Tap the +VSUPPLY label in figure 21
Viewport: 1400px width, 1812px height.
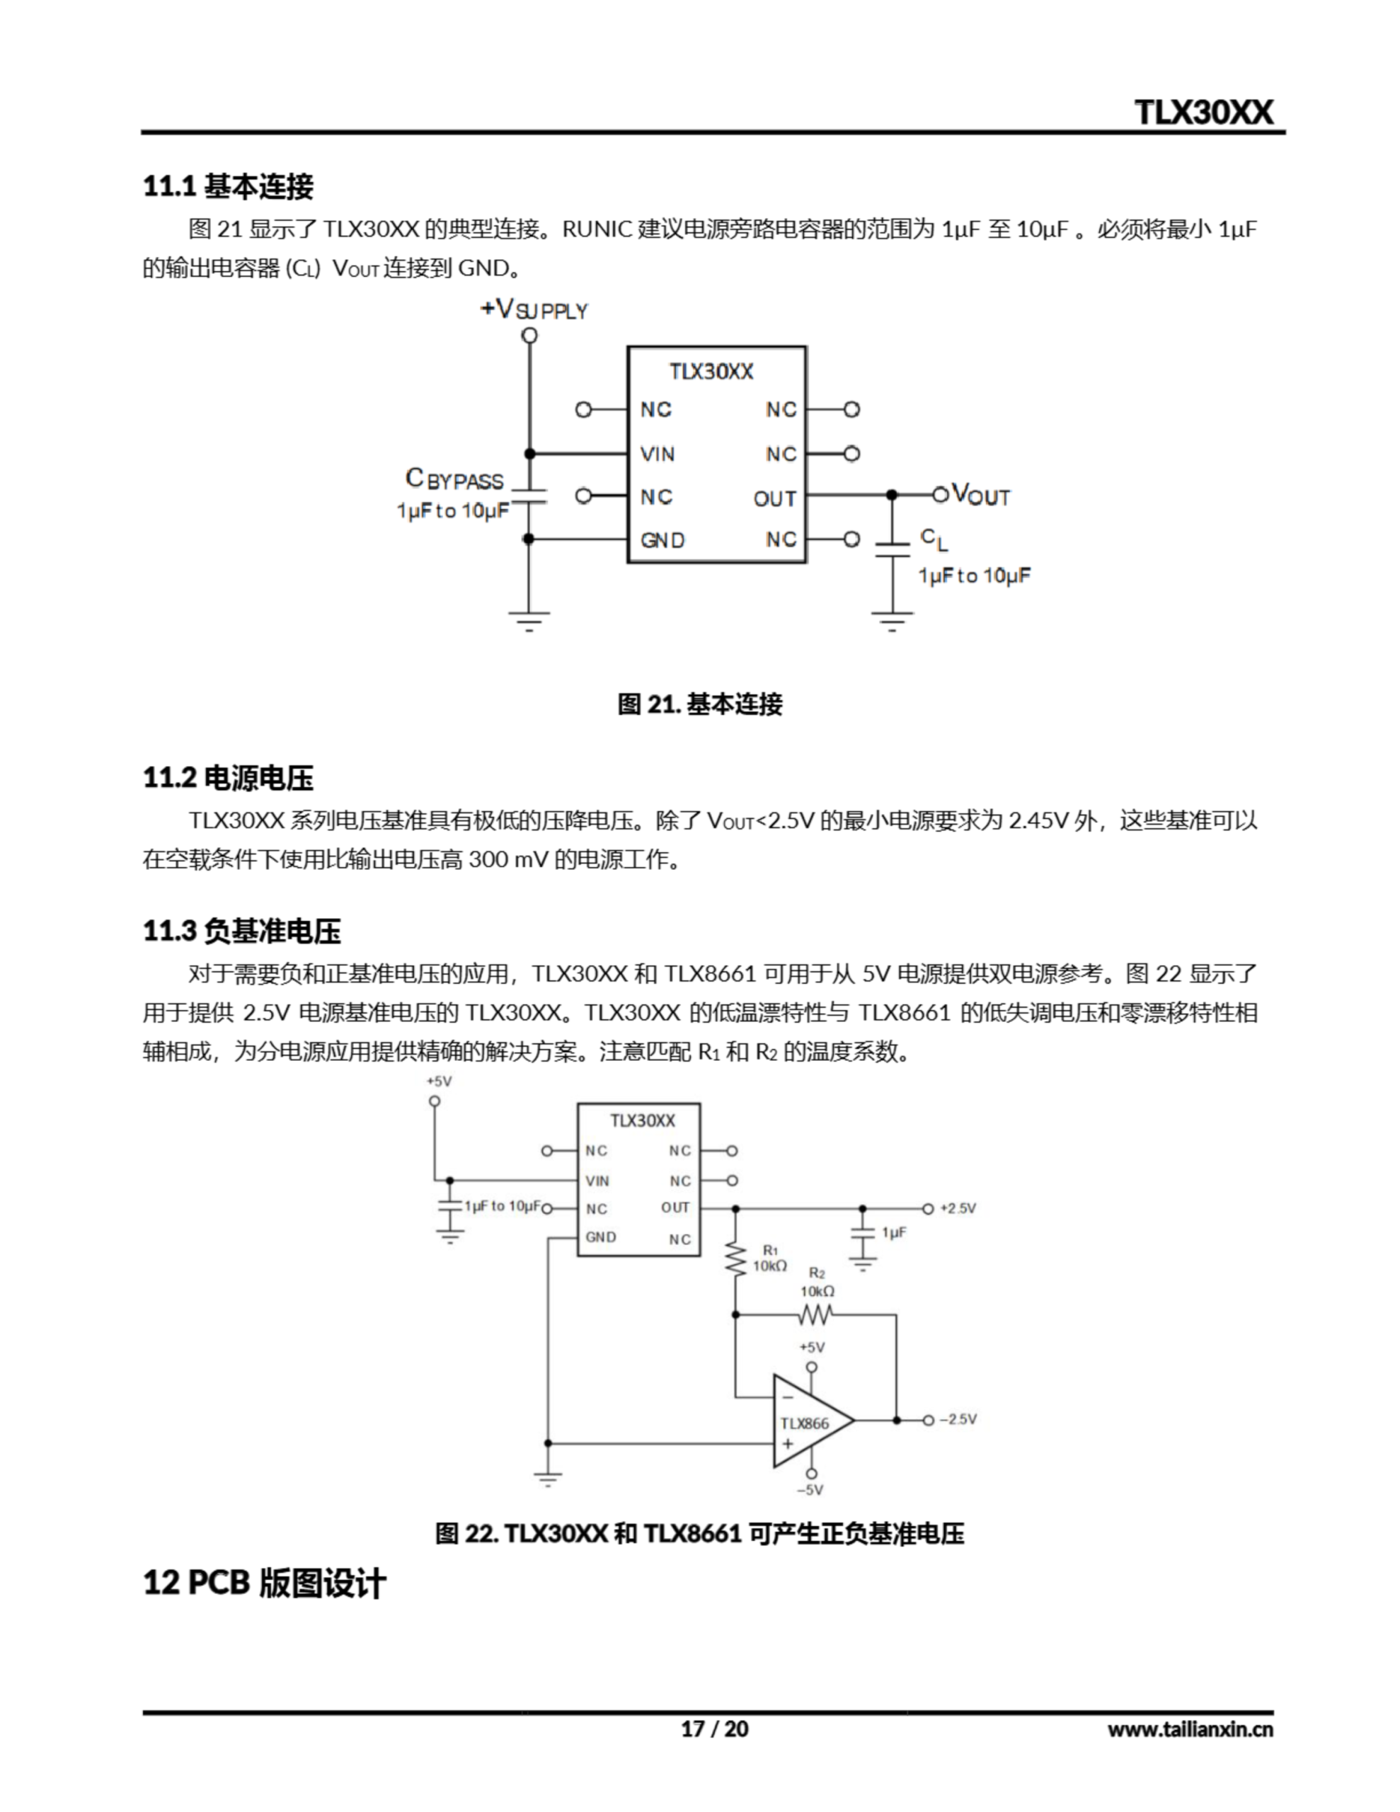pos(534,309)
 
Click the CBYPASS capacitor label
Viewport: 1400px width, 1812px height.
pos(455,480)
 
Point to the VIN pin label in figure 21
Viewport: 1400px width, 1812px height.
pos(658,454)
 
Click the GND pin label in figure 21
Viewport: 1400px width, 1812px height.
pos(662,540)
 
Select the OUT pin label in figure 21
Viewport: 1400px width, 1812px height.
pos(774,498)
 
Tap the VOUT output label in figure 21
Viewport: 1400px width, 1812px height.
pos(980,495)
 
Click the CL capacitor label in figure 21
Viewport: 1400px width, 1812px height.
pos(934,539)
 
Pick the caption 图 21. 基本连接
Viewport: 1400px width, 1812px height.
pos(699,704)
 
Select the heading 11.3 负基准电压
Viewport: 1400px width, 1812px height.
pos(241,931)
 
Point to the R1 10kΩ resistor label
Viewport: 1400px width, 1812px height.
pos(769,1258)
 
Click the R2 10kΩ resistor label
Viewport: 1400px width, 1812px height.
pos(817,1282)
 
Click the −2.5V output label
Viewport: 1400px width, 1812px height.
pos(958,1420)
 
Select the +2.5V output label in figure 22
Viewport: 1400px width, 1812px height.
pos(958,1209)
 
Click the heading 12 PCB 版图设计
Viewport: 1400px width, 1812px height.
pos(264,1583)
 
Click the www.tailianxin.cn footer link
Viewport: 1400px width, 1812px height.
pos(1189,1729)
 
